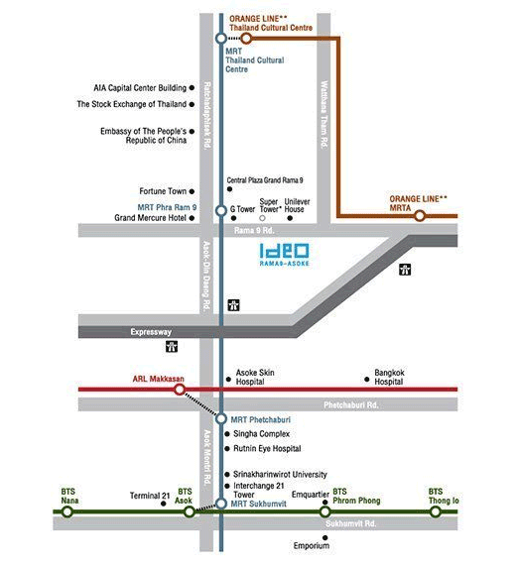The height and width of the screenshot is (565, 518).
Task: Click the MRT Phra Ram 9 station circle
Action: point(221,210)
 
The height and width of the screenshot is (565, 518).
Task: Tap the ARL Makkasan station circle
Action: point(180,390)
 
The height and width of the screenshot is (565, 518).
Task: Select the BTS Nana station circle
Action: point(67,511)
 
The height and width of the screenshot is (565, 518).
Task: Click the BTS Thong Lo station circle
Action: point(436,511)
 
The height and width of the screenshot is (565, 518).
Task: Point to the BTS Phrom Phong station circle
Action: point(325,511)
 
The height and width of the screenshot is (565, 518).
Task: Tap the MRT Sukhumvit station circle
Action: point(221,504)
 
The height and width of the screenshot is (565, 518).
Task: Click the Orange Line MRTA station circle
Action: point(420,216)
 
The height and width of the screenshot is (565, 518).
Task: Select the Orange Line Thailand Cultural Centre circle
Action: point(246,39)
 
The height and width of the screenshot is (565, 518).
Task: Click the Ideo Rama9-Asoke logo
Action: point(284,255)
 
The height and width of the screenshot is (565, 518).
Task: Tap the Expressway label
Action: point(151,332)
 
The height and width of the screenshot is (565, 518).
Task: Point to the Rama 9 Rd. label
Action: point(254,230)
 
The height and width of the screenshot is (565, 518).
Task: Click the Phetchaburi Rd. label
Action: point(351,405)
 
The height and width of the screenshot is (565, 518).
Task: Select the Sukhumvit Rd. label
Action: point(350,523)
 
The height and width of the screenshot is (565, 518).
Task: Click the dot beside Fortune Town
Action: point(192,191)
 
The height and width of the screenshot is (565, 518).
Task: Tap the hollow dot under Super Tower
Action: point(262,218)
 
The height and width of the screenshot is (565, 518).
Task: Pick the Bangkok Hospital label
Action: point(389,377)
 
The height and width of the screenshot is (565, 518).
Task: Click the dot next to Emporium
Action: point(325,537)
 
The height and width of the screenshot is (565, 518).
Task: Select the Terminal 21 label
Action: point(150,496)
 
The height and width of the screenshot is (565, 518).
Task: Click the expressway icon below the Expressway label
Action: point(172,347)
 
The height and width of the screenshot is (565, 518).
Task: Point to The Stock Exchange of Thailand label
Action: point(132,104)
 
